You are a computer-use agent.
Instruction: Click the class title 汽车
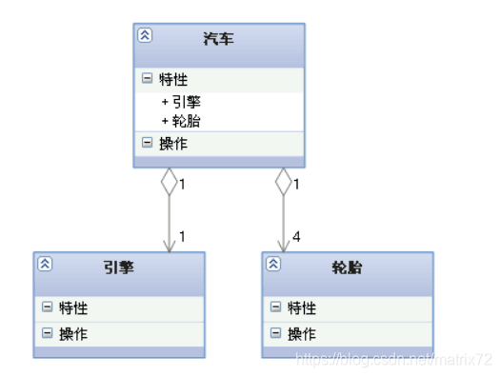(218, 40)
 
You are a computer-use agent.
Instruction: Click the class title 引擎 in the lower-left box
(118, 268)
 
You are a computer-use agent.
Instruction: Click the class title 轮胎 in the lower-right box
(347, 268)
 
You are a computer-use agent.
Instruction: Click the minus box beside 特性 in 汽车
(148, 80)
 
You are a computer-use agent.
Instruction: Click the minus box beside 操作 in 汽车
(148, 143)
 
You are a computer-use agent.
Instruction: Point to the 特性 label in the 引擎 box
(73, 308)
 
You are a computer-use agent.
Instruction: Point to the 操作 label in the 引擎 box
(73, 334)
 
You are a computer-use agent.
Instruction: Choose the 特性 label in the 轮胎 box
(302, 308)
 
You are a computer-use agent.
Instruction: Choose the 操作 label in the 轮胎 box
(302, 334)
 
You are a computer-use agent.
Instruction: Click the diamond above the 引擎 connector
(169, 181)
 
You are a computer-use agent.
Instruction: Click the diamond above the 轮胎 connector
(283, 181)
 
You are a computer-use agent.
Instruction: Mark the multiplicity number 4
(296, 236)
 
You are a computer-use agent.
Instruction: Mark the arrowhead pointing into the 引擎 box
(169, 246)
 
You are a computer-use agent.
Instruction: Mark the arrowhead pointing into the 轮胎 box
(283, 246)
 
